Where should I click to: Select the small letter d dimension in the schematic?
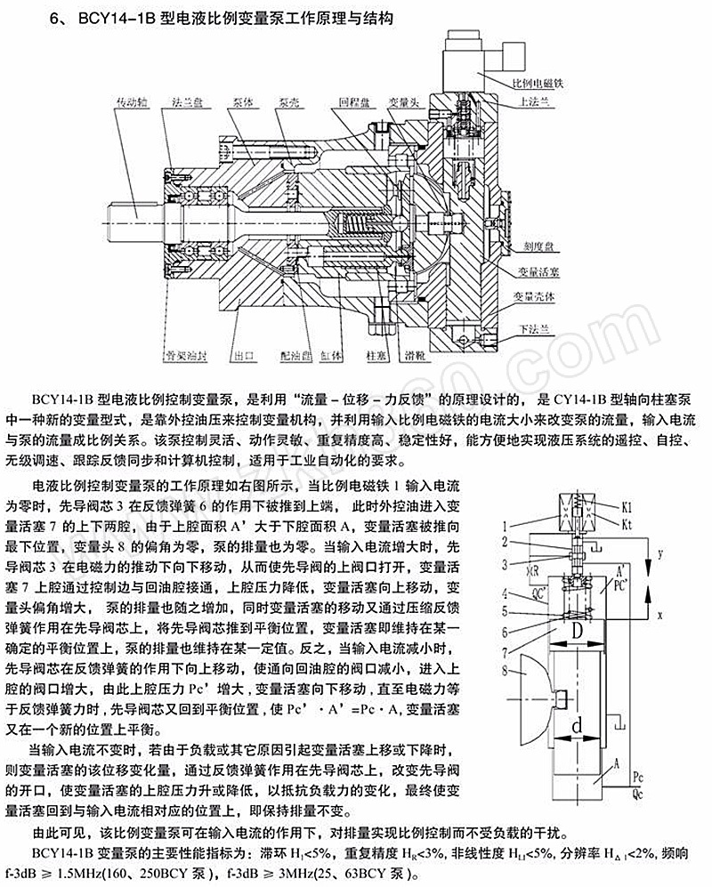click(578, 728)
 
